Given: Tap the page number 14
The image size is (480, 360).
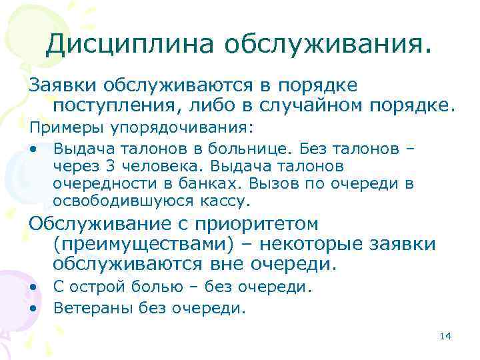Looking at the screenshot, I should (x=446, y=335).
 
